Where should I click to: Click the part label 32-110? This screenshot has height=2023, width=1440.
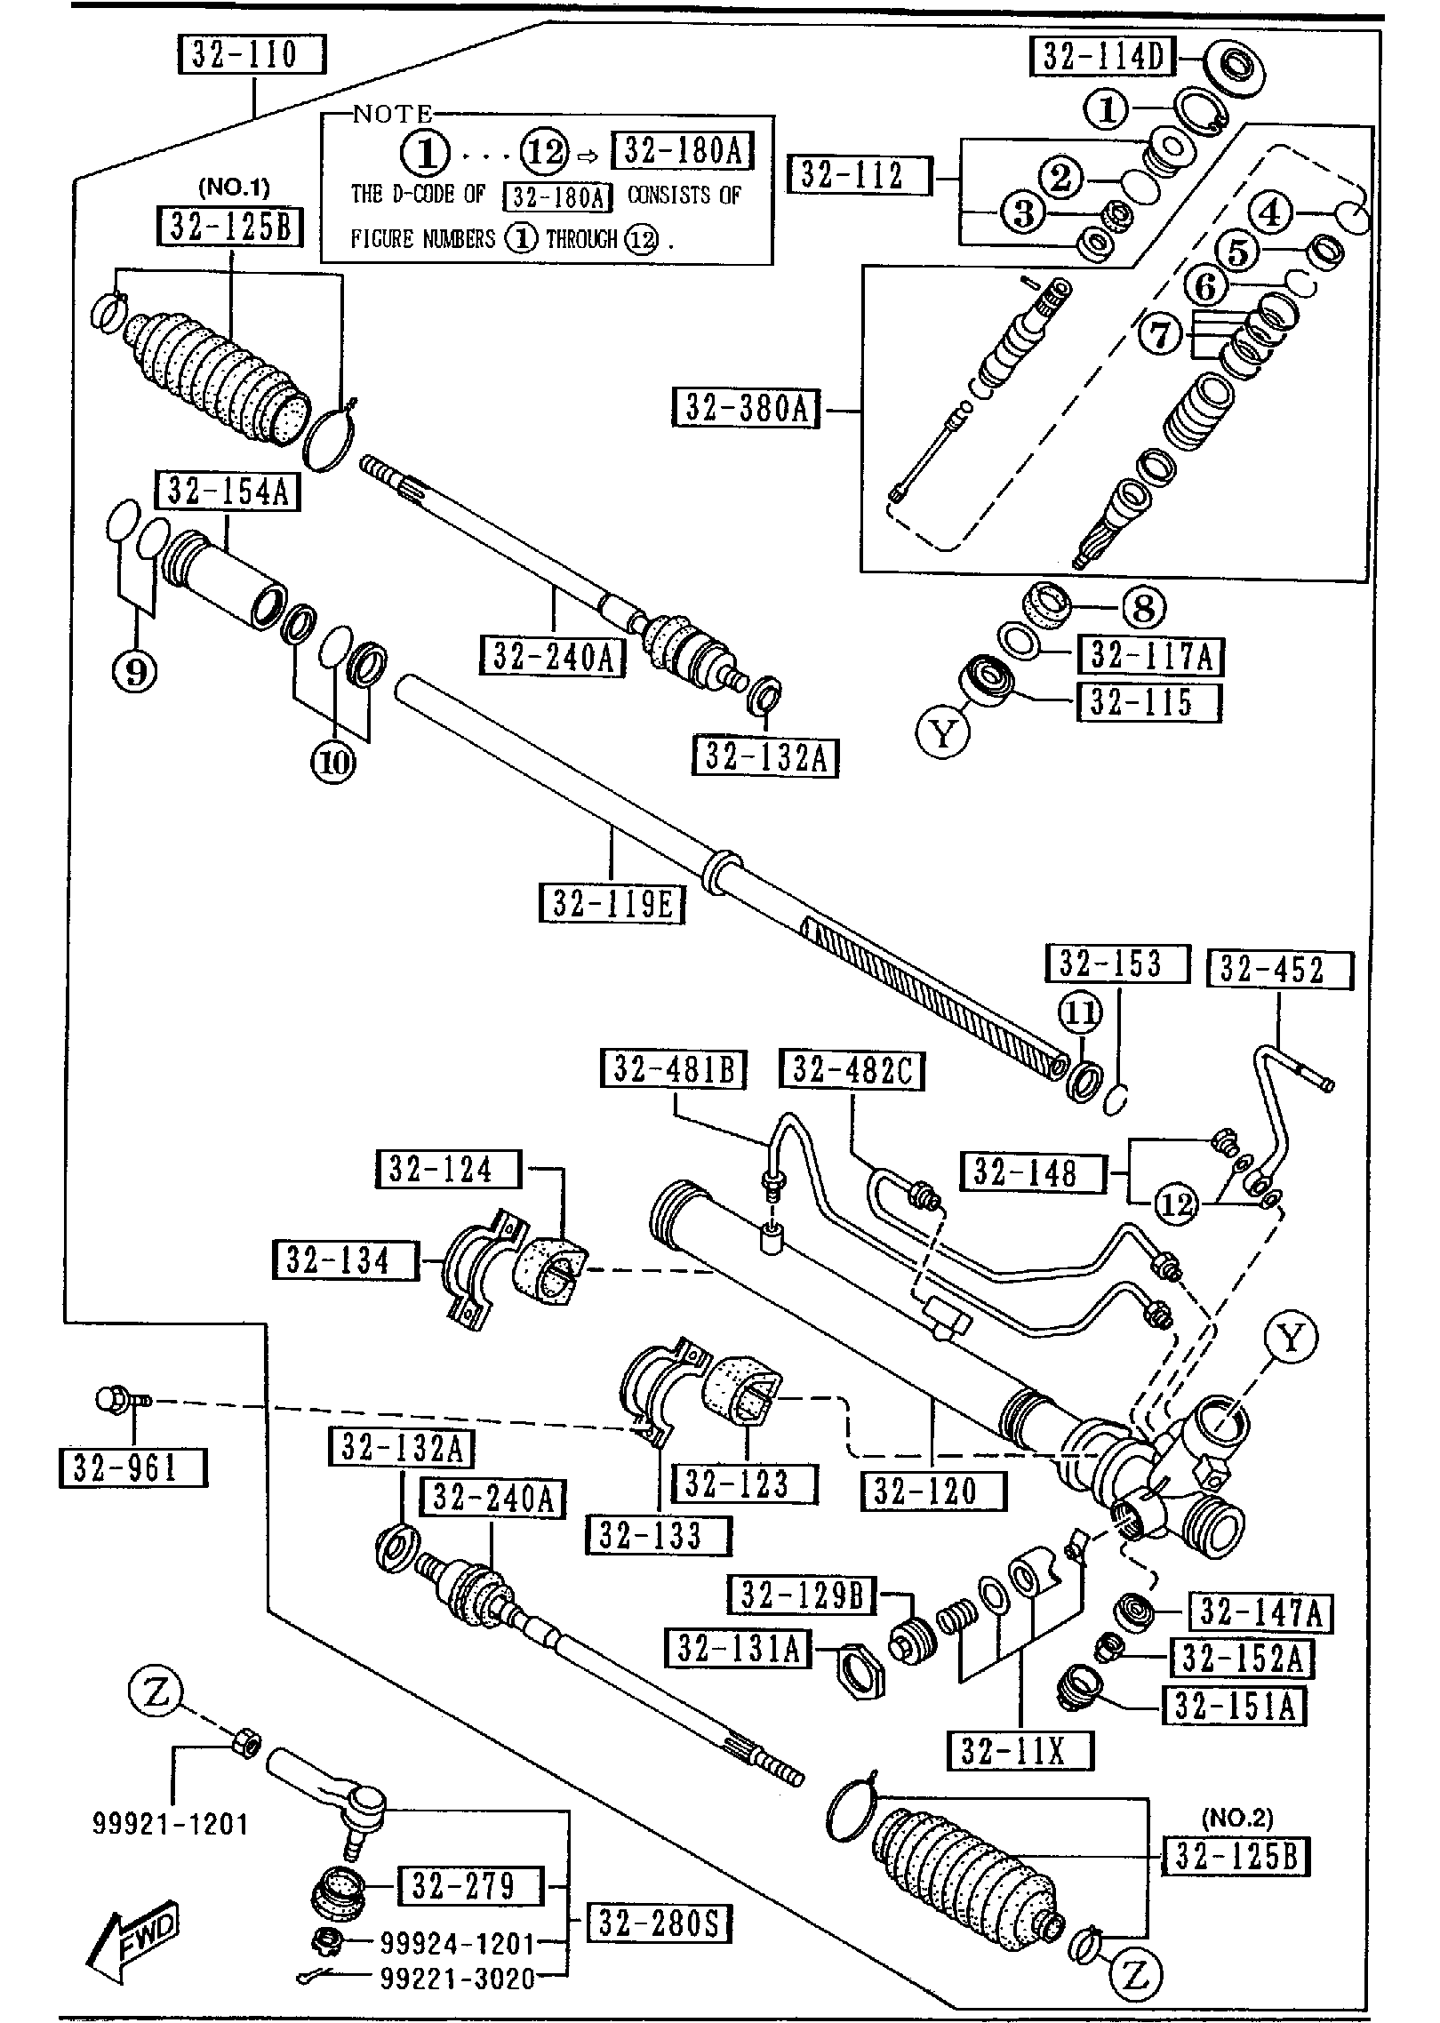click(252, 55)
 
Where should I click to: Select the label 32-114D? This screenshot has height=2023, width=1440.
click(1102, 57)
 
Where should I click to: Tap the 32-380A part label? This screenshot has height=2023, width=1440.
click(748, 409)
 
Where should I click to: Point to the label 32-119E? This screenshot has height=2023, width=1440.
click(612, 904)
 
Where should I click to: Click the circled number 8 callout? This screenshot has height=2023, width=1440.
click(1143, 608)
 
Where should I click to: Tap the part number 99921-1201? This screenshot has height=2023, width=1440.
click(171, 1826)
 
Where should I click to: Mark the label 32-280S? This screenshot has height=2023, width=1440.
click(658, 1925)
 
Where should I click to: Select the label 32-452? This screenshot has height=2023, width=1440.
click(1279, 970)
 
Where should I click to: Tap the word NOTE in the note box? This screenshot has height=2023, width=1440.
click(392, 114)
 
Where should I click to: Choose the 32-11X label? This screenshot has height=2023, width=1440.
click(1020, 1751)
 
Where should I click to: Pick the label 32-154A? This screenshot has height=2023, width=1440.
click(228, 491)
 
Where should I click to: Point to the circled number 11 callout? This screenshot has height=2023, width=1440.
click(1080, 1012)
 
